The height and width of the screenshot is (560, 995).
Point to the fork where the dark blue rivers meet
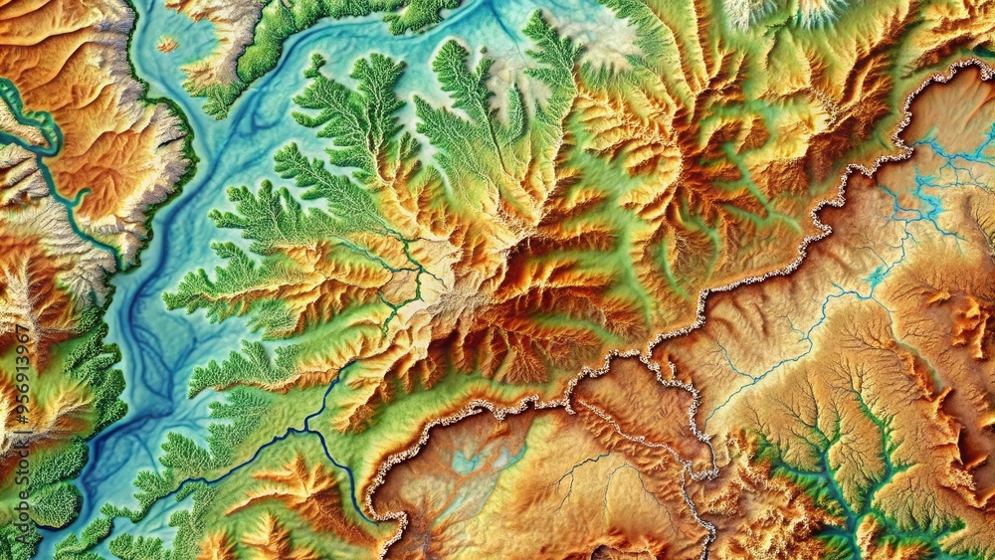[305, 428]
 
